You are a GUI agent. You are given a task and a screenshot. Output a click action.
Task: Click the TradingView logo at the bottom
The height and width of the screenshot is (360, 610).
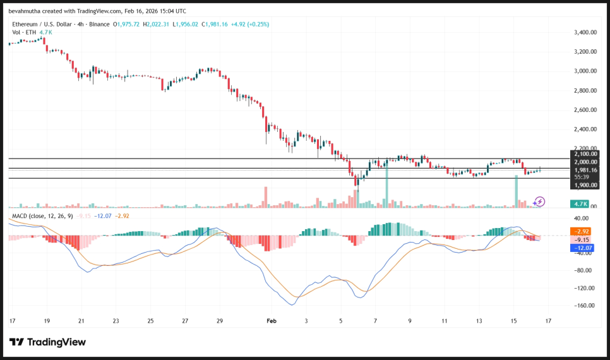coord(47,342)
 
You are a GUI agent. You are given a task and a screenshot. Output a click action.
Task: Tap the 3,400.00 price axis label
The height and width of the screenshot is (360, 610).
coord(585,32)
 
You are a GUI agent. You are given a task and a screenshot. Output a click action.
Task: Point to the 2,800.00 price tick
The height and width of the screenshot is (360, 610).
coord(585,91)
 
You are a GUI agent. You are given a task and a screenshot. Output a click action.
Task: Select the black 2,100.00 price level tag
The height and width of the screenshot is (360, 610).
coord(585,154)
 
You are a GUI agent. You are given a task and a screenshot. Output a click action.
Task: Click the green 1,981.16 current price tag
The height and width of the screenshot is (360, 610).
coord(585,169)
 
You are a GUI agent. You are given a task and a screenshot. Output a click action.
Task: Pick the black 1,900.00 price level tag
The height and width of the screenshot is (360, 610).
coord(585,185)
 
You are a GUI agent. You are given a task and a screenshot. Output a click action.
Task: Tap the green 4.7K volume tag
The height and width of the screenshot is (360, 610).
coord(580,204)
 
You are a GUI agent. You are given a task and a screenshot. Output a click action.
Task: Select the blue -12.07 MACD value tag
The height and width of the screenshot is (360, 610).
coord(581,248)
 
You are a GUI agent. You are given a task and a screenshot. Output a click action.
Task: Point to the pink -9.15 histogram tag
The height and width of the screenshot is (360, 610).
coord(580,240)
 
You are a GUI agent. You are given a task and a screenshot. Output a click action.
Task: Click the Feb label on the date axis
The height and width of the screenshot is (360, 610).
coord(272,321)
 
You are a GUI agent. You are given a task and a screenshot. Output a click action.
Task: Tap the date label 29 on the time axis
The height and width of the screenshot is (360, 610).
coord(220,321)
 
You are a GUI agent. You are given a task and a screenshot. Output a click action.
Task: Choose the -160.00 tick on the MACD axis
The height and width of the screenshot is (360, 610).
coord(585,306)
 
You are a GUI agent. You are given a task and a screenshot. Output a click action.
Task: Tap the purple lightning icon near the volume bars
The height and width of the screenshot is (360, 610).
coord(539,201)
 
